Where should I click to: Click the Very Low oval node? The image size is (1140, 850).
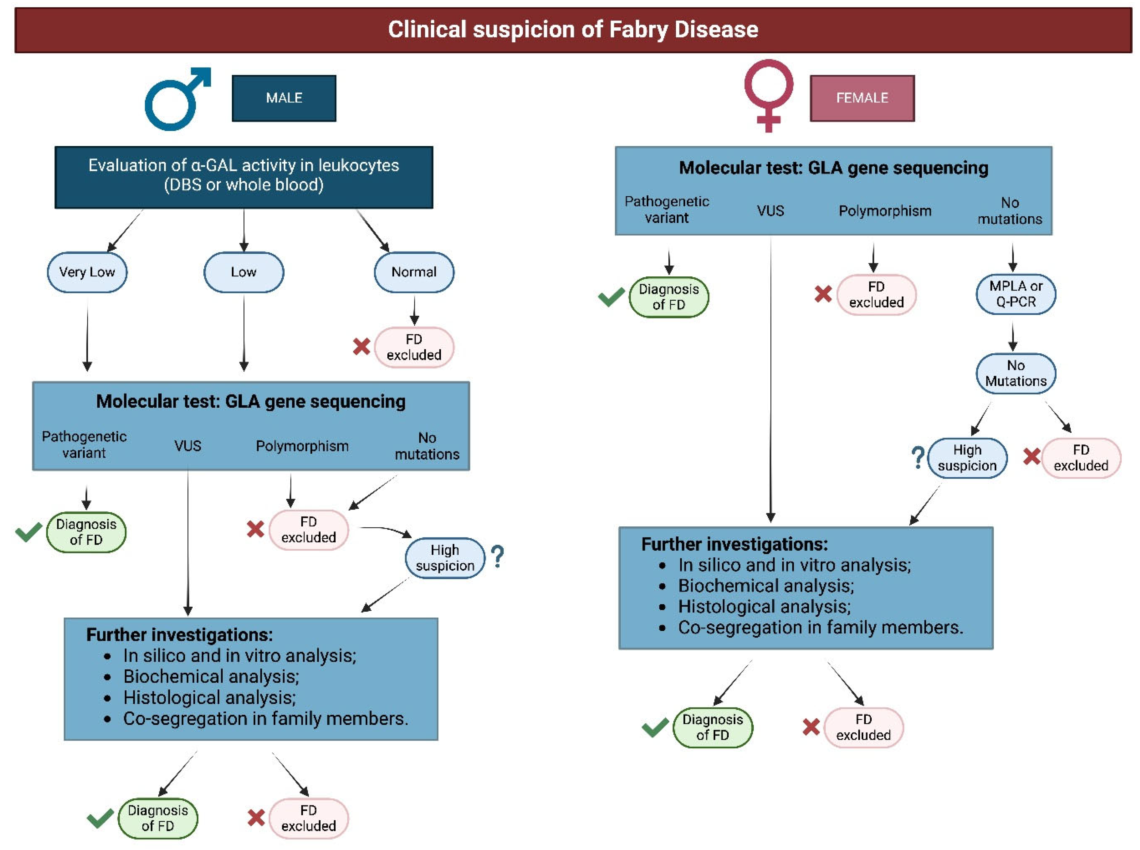pyautogui.click(x=87, y=272)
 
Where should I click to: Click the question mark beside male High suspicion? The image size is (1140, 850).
pyautogui.click(x=497, y=557)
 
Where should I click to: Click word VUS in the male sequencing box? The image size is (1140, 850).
pyautogui.click(x=187, y=446)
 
